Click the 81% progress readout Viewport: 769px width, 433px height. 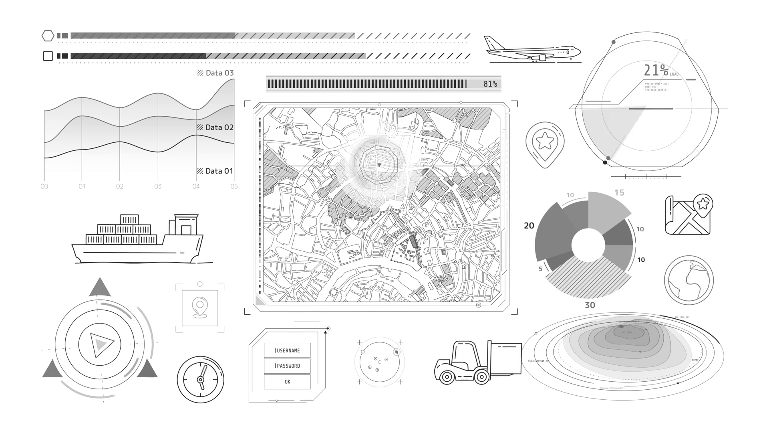490,84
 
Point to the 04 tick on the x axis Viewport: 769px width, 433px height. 196,186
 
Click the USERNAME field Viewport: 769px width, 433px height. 287,350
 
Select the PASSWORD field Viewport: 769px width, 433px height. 287,366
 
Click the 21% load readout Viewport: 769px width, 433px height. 656,71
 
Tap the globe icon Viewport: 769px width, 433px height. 688,280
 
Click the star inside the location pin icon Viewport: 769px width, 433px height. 545,141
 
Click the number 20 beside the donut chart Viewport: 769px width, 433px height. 529,226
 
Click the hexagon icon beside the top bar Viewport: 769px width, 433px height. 48,36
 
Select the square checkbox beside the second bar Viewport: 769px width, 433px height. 48,56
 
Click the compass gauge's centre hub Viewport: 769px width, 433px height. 201,380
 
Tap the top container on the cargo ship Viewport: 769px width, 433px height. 129,220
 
